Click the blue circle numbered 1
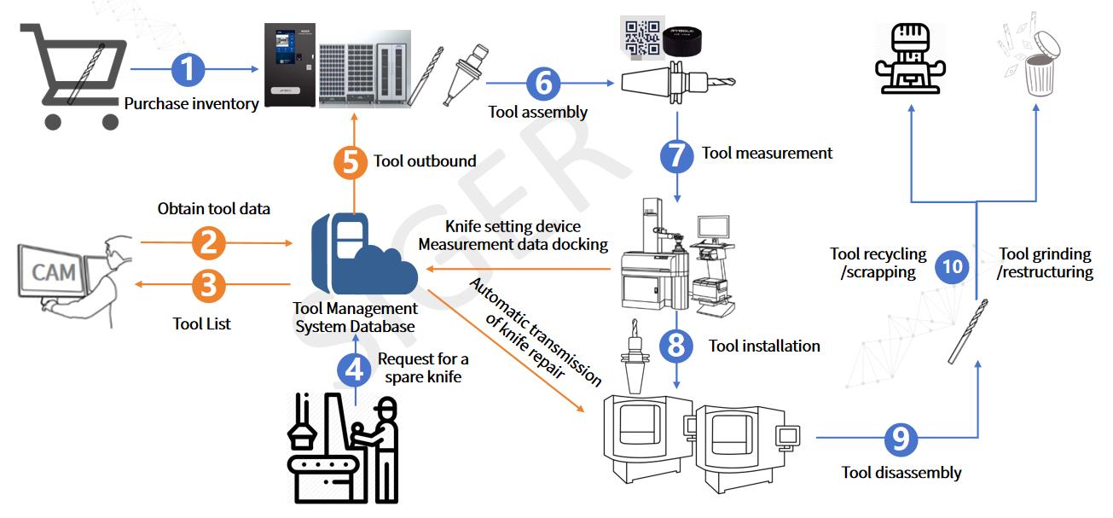(x=188, y=69)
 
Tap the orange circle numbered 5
(x=351, y=162)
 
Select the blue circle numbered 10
(x=952, y=267)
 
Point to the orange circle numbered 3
(x=209, y=285)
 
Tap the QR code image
(x=642, y=38)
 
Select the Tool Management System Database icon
(x=364, y=253)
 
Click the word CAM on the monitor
(x=54, y=272)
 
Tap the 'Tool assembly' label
(x=537, y=112)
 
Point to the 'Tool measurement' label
(x=767, y=153)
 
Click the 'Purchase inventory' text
(x=191, y=104)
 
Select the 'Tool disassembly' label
(x=901, y=472)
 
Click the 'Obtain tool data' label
(x=214, y=209)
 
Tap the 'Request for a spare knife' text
(x=423, y=368)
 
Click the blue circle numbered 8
(x=675, y=346)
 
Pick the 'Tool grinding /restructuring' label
(x=1045, y=263)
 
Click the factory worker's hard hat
(x=386, y=406)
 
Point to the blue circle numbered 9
(x=901, y=439)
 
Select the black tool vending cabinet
(x=290, y=65)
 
